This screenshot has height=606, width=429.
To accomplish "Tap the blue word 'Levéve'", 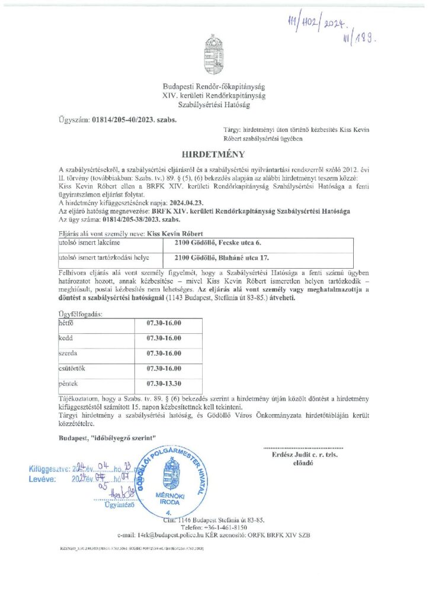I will click(41, 480).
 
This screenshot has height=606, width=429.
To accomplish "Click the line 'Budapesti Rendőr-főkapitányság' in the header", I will click(214, 86).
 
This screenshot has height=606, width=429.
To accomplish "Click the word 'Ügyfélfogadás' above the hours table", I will click(80, 314).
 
